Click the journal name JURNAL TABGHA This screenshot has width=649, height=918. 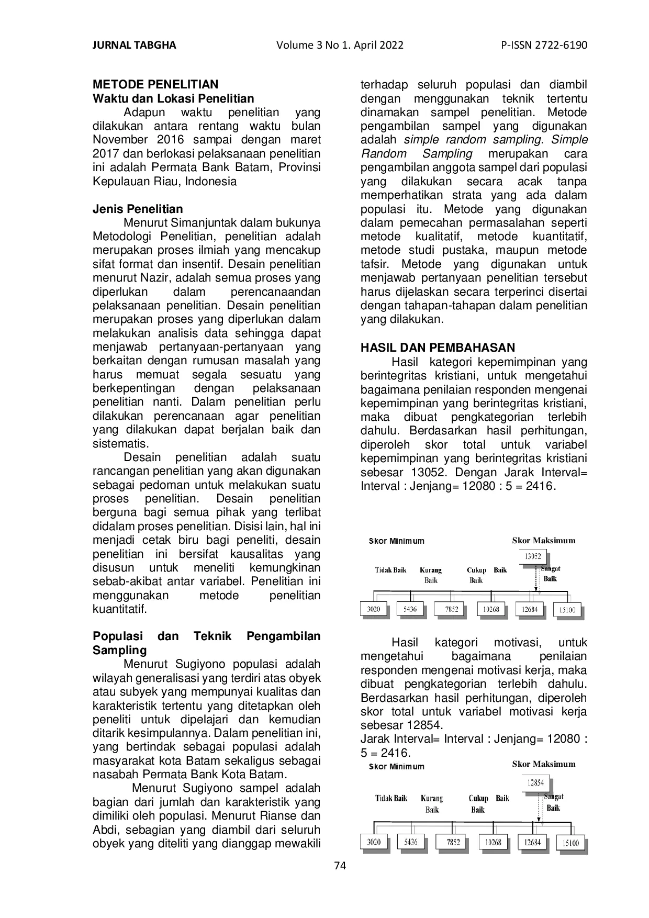point(134,45)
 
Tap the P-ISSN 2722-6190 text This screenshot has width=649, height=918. point(544,45)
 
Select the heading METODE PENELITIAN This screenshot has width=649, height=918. point(155,85)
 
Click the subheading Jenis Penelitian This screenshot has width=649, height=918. point(138,209)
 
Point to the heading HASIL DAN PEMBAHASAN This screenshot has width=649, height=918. point(438,348)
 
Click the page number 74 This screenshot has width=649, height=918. point(340,866)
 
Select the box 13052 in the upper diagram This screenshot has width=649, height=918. point(533,556)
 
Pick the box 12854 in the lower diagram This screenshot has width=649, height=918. point(535,783)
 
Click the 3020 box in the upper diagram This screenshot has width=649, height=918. point(373,609)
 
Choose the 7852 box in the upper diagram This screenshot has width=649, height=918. point(452,609)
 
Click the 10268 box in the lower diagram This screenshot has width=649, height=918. point(493,842)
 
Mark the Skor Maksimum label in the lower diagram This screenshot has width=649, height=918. point(543,764)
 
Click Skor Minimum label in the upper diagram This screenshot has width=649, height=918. point(396,541)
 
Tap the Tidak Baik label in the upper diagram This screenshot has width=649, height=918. point(390,570)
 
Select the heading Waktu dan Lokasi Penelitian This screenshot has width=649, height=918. point(173,98)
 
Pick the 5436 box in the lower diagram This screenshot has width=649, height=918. point(411,842)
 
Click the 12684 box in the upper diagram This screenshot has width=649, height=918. point(530,609)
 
